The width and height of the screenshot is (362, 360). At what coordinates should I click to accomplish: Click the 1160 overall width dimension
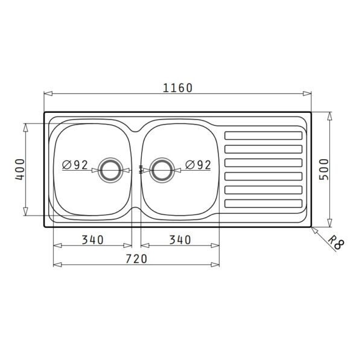[177, 88]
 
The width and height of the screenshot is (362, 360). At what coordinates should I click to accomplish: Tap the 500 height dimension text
[323, 169]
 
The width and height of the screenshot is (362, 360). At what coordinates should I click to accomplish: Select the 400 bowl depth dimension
[20, 169]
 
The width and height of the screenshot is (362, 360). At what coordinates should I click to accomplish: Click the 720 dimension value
[136, 259]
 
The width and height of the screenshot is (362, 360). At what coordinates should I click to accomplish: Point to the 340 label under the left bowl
[92, 240]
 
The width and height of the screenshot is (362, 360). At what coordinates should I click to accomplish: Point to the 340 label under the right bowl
[180, 240]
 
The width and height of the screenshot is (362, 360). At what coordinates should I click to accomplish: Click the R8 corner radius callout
[336, 242]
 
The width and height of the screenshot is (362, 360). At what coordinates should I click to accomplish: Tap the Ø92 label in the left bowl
[75, 165]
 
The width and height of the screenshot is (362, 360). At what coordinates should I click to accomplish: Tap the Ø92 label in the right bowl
[198, 165]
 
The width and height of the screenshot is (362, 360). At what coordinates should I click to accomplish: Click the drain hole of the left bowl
[110, 170]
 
